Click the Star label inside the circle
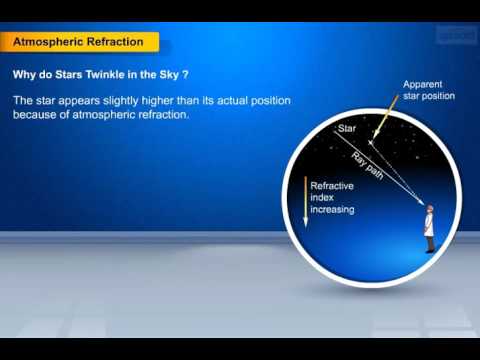[347, 129]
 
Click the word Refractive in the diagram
[332, 186]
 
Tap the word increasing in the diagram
[334, 211]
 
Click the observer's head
[427, 209]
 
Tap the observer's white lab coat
[427, 225]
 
